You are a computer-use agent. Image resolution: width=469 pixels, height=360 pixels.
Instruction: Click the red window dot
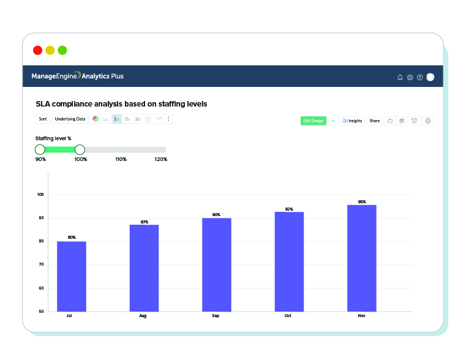(x=38, y=50)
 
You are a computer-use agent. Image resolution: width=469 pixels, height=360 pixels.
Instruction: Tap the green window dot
(x=62, y=50)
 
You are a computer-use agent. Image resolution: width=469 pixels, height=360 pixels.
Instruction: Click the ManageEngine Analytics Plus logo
(x=78, y=77)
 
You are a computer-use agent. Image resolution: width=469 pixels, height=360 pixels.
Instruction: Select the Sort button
(x=42, y=119)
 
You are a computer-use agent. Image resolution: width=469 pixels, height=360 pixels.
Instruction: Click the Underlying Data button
(x=70, y=119)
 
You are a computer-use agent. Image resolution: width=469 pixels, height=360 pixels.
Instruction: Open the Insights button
(x=352, y=121)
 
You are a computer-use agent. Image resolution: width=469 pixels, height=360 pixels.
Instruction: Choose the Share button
(x=374, y=121)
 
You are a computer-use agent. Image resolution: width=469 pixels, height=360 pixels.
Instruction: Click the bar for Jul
(x=72, y=276)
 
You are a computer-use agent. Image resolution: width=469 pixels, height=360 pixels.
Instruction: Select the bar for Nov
(x=362, y=258)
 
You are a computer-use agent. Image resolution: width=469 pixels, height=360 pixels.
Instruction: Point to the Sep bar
(x=217, y=264)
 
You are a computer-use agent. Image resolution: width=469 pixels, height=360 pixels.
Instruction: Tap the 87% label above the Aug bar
(x=144, y=222)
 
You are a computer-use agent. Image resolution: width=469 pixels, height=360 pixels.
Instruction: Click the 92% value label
(x=289, y=209)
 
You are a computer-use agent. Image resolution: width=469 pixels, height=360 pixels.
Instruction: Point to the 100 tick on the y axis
(x=41, y=195)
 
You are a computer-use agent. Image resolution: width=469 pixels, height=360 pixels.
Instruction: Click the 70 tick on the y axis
(x=42, y=264)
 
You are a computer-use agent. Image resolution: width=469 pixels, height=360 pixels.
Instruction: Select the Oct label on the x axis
(x=288, y=316)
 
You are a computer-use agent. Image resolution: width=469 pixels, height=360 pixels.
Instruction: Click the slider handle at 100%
(x=80, y=149)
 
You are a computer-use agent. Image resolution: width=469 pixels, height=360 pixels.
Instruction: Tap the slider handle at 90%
(x=40, y=149)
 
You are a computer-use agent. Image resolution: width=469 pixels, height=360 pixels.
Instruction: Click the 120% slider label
(x=161, y=159)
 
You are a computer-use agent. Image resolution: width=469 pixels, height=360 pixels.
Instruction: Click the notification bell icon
(x=400, y=77)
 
